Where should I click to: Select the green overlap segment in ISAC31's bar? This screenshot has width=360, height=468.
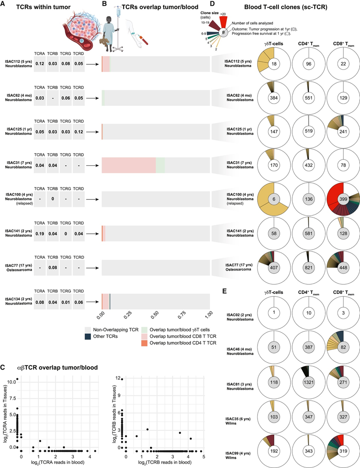[x=160, y=166]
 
